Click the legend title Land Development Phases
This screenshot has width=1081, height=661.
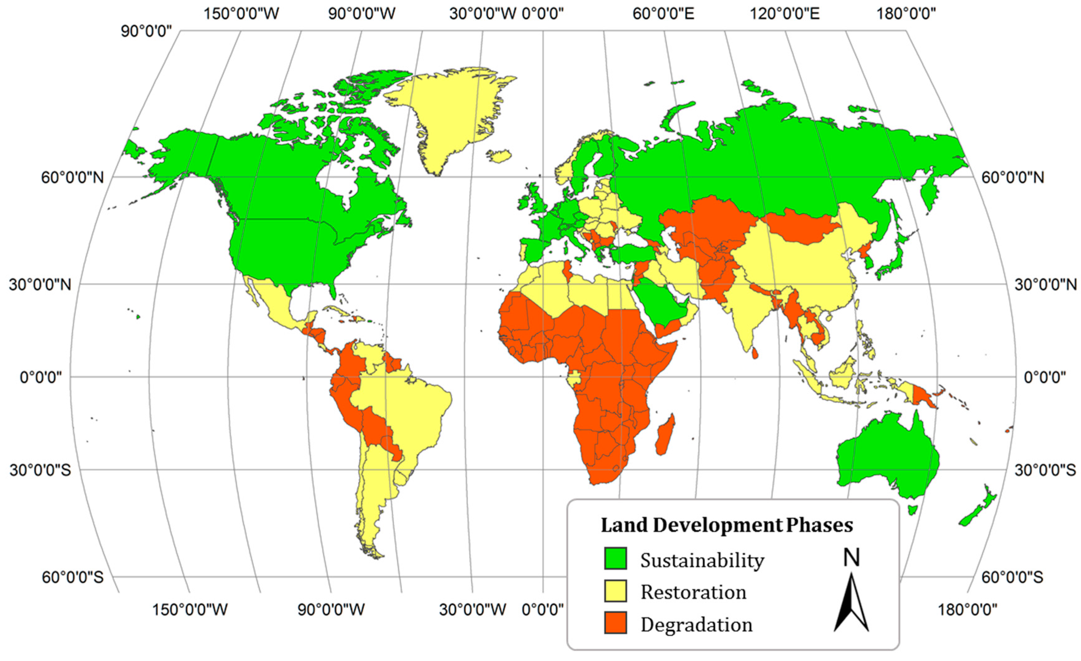726,525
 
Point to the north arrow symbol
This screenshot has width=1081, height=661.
851,601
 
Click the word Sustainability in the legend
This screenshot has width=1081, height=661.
702,560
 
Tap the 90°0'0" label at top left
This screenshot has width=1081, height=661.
147,32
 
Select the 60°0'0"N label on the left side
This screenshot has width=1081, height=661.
72,178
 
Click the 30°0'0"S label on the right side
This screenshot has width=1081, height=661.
1045,470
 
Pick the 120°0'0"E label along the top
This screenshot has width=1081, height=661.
785,14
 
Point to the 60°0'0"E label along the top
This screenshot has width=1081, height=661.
663,14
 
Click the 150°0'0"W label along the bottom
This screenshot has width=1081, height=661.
190,609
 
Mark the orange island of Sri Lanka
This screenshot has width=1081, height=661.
755,353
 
